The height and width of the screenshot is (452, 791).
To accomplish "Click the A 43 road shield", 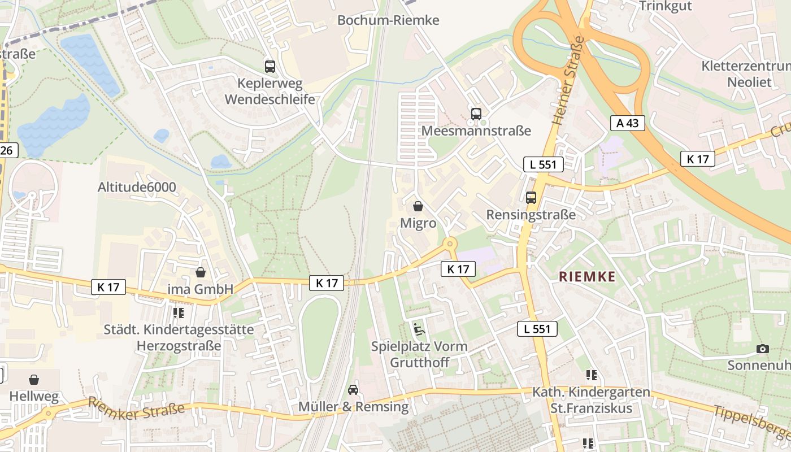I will click(x=627, y=123).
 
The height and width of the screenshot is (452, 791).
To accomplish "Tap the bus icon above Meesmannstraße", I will click(x=476, y=114).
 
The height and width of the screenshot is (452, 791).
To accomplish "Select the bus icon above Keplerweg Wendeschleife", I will click(x=270, y=66).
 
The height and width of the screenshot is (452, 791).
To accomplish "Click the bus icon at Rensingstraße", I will click(x=531, y=197).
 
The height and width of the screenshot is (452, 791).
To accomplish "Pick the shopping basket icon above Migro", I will click(x=418, y=206).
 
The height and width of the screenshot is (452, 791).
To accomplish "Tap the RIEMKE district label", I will click(x=587, y=276).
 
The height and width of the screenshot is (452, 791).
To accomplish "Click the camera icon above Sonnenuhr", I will click(x=763, y=349).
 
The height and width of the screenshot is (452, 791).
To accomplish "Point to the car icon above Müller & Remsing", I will click(x=353, y=389).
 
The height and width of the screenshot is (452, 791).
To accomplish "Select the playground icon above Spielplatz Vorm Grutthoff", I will click(x=419, y=329).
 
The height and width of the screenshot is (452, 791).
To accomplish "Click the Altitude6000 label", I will click(x=137, y=187).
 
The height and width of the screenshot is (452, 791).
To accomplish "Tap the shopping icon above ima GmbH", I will click(x=201, y=272).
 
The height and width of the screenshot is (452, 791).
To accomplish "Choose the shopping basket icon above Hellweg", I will click(x=34, y=379).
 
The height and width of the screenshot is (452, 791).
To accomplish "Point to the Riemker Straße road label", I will click(x=136, y=406).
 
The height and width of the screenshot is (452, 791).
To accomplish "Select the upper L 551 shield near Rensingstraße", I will click(x=544, y=164).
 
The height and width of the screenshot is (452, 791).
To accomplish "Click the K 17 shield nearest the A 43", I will click(x=697, y=159).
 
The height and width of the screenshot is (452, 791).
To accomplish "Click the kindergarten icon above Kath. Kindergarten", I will click(x=592, y=375).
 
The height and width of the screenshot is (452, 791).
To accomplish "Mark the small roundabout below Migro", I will click(x=450, y=244).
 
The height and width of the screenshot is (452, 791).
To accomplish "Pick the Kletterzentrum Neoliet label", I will click(x=745, y=74).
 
